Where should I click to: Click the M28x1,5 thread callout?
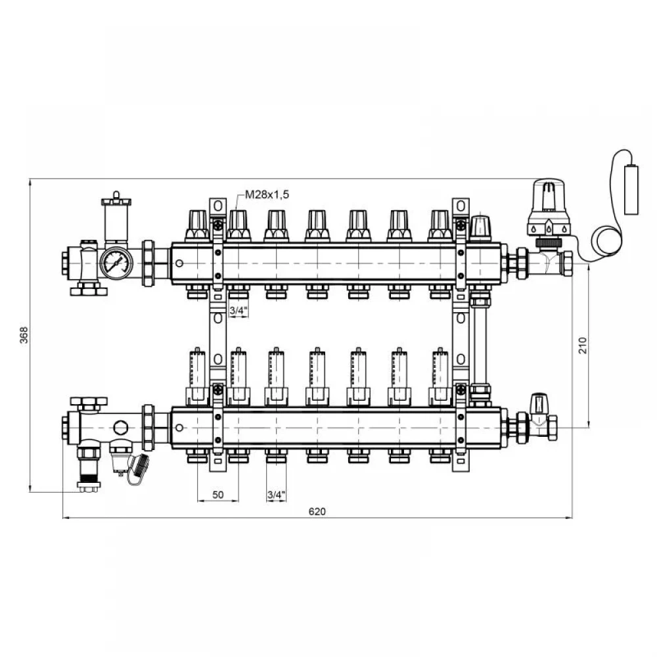267,194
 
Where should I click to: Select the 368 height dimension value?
24,335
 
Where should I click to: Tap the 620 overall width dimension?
317,511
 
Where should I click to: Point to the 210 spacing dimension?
583,346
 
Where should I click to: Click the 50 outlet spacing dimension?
218,495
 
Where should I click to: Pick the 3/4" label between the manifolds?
238,311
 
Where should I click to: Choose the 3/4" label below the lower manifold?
276,495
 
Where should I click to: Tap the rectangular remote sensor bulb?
631,189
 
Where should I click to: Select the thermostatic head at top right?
548,208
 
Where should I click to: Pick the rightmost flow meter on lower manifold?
440,376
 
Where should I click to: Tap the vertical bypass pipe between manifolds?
480,344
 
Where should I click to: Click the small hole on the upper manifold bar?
179,263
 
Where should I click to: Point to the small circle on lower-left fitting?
120,428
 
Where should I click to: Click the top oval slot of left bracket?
217,206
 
